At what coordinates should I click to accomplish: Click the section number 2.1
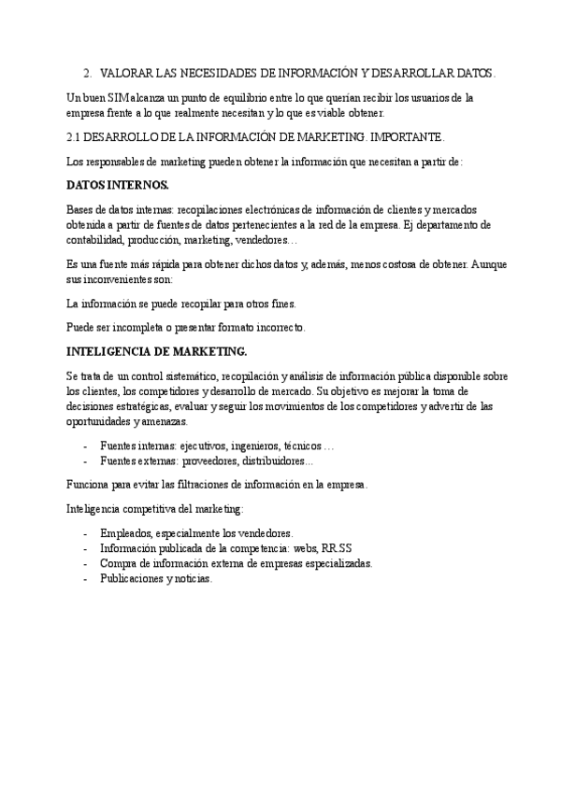77,137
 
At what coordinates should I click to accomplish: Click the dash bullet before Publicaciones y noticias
86,579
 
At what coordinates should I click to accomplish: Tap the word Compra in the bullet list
117,564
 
